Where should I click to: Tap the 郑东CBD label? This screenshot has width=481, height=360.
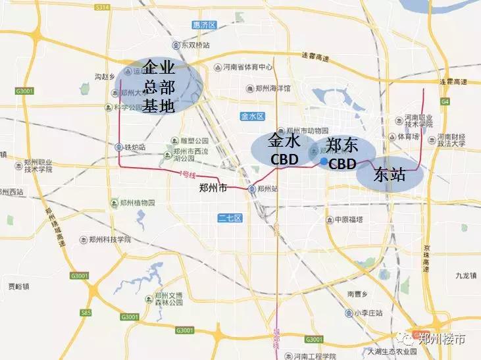pos(342,153)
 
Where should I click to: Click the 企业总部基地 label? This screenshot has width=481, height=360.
pos(159,86)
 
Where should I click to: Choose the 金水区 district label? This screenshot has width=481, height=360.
pos(252,116)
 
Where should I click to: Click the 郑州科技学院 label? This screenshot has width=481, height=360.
pos(109,240)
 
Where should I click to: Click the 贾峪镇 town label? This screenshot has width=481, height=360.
pos(19,286)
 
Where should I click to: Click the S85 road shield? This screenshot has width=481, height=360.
pos(87,313)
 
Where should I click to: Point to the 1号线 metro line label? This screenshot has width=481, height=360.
pos(187,175)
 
